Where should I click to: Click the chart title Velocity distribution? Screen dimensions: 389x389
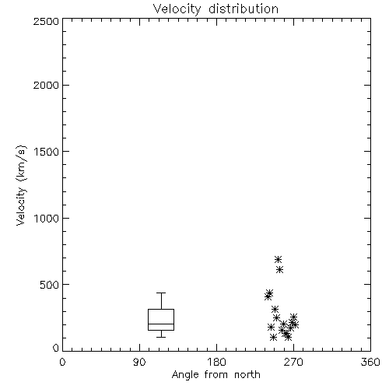(216, 9)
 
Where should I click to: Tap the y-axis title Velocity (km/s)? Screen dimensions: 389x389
(21, 185)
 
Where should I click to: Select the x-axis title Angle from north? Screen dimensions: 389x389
(216, 375)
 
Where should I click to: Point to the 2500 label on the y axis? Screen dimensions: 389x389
(46, 21)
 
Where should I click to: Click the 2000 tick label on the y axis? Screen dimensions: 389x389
(46, 85)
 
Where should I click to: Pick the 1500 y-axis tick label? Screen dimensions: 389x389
(47, 151)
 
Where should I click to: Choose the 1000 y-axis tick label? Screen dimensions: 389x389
(47, 218)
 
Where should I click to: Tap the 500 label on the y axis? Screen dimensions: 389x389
(50, 285)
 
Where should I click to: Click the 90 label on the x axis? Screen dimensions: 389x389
(139, 362)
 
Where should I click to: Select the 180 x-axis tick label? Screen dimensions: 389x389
(216, 362)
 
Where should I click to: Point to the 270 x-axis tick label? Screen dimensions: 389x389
(293, 362)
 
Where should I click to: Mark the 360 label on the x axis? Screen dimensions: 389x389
(370, 362)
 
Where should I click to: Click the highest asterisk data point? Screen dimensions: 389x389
(278, 259)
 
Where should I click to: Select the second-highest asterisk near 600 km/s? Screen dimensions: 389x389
(279, 270)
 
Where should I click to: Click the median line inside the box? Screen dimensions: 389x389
(161, 324)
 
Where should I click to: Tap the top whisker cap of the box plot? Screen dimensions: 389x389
(161, 293)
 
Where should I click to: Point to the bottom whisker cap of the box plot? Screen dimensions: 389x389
(161, 337)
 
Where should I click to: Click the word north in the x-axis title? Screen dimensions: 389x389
(247, 375)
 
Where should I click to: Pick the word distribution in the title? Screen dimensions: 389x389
(244, 9)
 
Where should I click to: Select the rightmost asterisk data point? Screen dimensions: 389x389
(295, 324)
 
